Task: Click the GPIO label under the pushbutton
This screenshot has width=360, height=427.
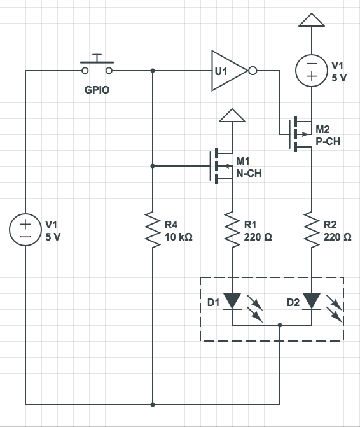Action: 97,90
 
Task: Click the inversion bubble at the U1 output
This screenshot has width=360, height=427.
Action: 253,71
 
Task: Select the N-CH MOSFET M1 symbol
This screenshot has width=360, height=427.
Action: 221,166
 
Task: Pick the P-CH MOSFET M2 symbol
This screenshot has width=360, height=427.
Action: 300,134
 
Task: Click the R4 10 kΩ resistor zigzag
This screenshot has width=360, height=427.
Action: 153,230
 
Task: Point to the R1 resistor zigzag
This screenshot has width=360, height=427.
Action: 232,230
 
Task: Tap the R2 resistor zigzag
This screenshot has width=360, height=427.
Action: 312,230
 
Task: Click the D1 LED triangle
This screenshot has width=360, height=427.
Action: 232,301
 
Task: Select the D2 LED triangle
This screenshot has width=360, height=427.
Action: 312,301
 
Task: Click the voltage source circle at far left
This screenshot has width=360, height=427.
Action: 25,230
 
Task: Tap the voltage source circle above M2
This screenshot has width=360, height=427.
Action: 312,71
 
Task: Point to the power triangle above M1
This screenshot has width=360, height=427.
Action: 232,115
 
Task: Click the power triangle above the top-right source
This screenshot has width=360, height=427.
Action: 312,20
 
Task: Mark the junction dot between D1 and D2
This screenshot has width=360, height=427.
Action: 280,325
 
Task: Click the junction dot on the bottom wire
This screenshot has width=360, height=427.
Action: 153,405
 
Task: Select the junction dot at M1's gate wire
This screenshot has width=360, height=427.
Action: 153,166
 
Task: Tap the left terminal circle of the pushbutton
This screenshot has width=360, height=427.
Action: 85,71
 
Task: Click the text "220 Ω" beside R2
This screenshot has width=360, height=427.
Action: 337,237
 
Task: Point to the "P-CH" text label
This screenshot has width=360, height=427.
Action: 328,141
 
